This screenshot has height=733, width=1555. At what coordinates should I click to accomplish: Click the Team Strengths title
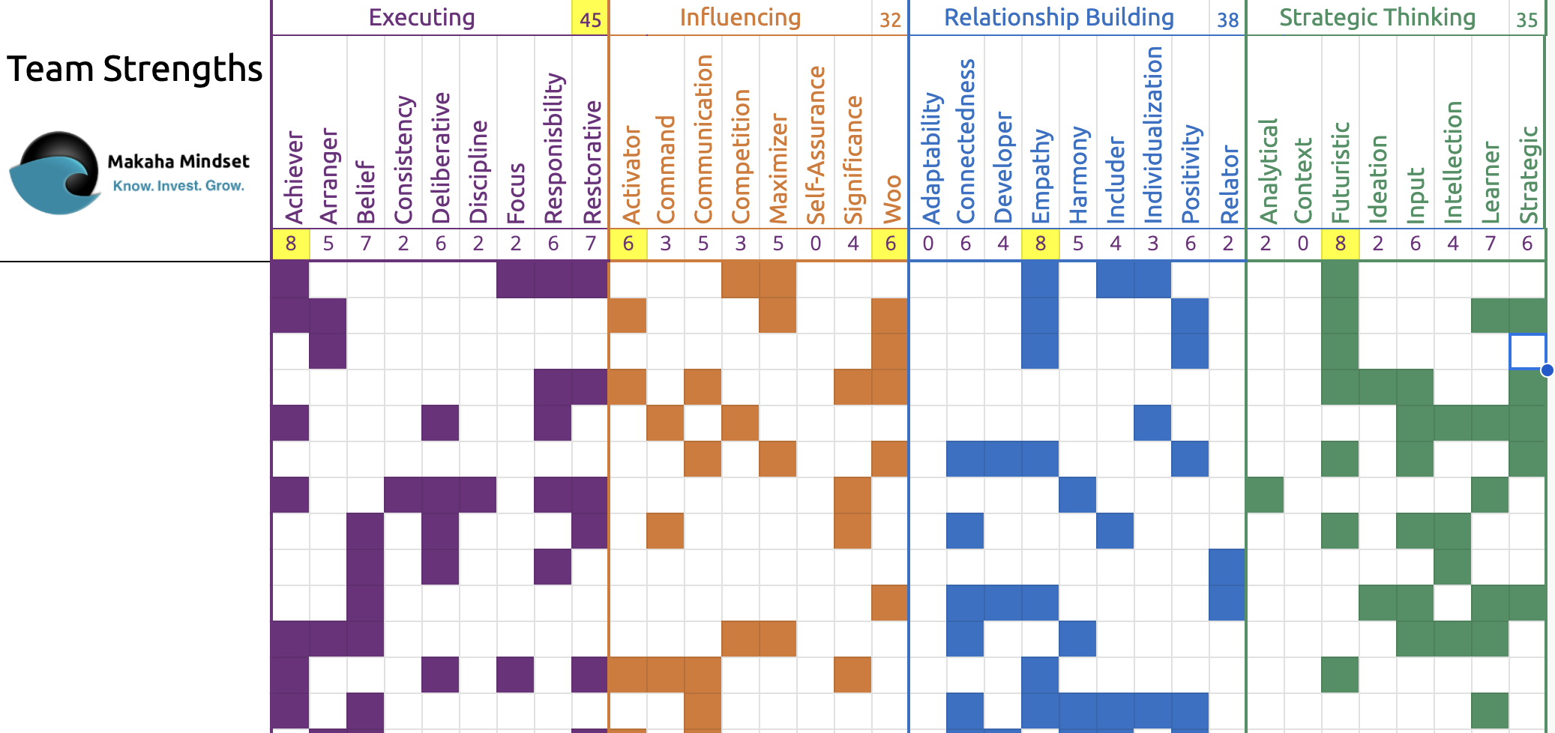coord(135,69)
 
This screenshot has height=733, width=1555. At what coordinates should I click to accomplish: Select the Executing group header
coord(421,17)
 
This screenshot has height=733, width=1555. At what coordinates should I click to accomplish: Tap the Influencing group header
coord(740,17)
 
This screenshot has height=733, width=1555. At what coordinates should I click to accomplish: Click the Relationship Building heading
coord(1059,17)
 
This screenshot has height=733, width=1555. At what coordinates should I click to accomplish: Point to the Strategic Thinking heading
coord(1377,17)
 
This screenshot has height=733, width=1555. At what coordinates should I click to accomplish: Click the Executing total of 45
coord(591,19)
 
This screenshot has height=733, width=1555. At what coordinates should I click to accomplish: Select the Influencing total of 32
coord(890,19)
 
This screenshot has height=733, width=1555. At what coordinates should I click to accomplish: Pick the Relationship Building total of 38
coord(1227,19)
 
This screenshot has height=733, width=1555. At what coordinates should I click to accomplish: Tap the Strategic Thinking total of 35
coord(1527,19)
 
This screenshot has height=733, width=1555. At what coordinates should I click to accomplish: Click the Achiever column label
coord(293,178)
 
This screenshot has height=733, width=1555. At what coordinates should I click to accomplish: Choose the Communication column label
coord(703,139)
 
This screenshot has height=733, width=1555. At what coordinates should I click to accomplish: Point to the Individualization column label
coord(1153,135)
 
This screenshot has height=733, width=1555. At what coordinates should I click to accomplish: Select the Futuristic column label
coord(1341,172)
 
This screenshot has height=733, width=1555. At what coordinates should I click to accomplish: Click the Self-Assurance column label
coord(816,145)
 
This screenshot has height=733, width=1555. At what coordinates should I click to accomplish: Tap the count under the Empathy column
coord(1041,244)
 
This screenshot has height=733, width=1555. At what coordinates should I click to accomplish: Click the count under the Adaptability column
coord(928,244)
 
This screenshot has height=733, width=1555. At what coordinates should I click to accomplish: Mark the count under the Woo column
coord(891,244)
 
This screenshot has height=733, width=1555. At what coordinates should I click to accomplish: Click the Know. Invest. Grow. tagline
coord(178,186)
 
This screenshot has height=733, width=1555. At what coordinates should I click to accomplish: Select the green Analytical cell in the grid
coord(1266,495)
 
